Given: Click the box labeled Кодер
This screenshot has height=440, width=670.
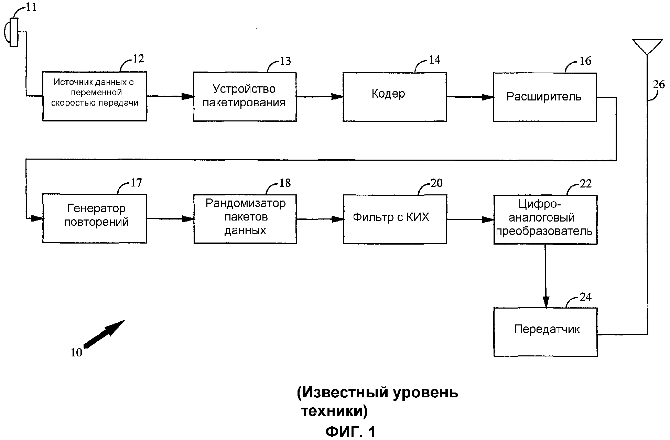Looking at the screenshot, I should pyautogui.click(x=395, y=97).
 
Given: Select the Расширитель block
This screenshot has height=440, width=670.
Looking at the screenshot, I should pyautogui.click(x=544, y=97).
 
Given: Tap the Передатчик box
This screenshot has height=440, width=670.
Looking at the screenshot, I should pyautogui.click(x=545, y=332).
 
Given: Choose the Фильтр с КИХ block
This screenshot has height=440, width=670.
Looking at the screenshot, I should pyautogui.click(x=395, y=219).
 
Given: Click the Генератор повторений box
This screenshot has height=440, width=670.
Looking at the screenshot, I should pyautogui.click(x=95, y=218).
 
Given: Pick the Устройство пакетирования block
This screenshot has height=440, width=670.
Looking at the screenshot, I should pyautogui.click(x=245, y=97).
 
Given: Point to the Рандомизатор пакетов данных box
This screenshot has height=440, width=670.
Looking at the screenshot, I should pyautogui.click(x=245, y=219).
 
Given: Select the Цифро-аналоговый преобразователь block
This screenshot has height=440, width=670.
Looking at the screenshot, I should pyautogui.click(x=545, y=219).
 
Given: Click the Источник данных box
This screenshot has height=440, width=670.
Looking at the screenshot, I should pyautogui.click(x=95, y=96).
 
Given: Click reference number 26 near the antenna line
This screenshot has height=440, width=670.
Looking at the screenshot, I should pyautogui.click(x=659, y=85).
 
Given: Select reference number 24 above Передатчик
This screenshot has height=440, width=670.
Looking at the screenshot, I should pyautogui.click(x=585, y=297).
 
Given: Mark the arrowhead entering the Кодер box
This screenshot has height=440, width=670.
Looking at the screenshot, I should pyautogui.click(x=337, y=97).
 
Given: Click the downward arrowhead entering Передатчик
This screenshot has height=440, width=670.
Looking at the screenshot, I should pyautogui.click(x=545, y=302).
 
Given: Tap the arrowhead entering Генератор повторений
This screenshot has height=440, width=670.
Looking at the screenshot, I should pyautogui.click(x=36, y=218).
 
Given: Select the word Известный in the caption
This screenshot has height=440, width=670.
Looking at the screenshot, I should pyautogui.click(x=341, y=393).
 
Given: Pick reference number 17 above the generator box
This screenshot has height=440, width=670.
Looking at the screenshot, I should pyautogui.click(x=136, y=183).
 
